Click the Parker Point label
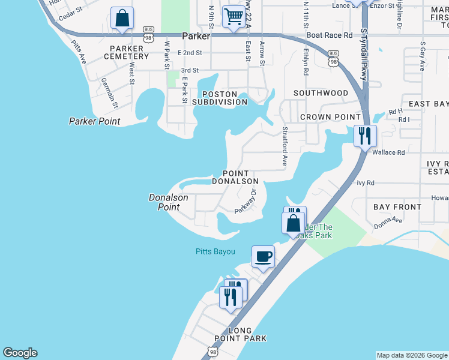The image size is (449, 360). (94, 121)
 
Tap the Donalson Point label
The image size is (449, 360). (169, 202)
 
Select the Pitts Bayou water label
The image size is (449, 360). (215, 251)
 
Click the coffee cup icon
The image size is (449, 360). (263, 257)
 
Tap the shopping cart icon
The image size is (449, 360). (234, 16)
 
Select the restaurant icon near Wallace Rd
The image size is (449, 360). (364, 136)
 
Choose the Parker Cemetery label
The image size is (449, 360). (126, 52)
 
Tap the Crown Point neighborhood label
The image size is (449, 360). (330, 117)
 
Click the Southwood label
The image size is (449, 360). (321, 93)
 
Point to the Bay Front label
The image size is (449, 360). (397, 207)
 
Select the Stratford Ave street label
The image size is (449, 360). (285, 146)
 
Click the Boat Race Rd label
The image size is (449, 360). (330, 35)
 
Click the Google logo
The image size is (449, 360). (20, 353)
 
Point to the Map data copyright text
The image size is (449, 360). (412, 355)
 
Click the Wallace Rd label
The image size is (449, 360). (388, 152)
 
